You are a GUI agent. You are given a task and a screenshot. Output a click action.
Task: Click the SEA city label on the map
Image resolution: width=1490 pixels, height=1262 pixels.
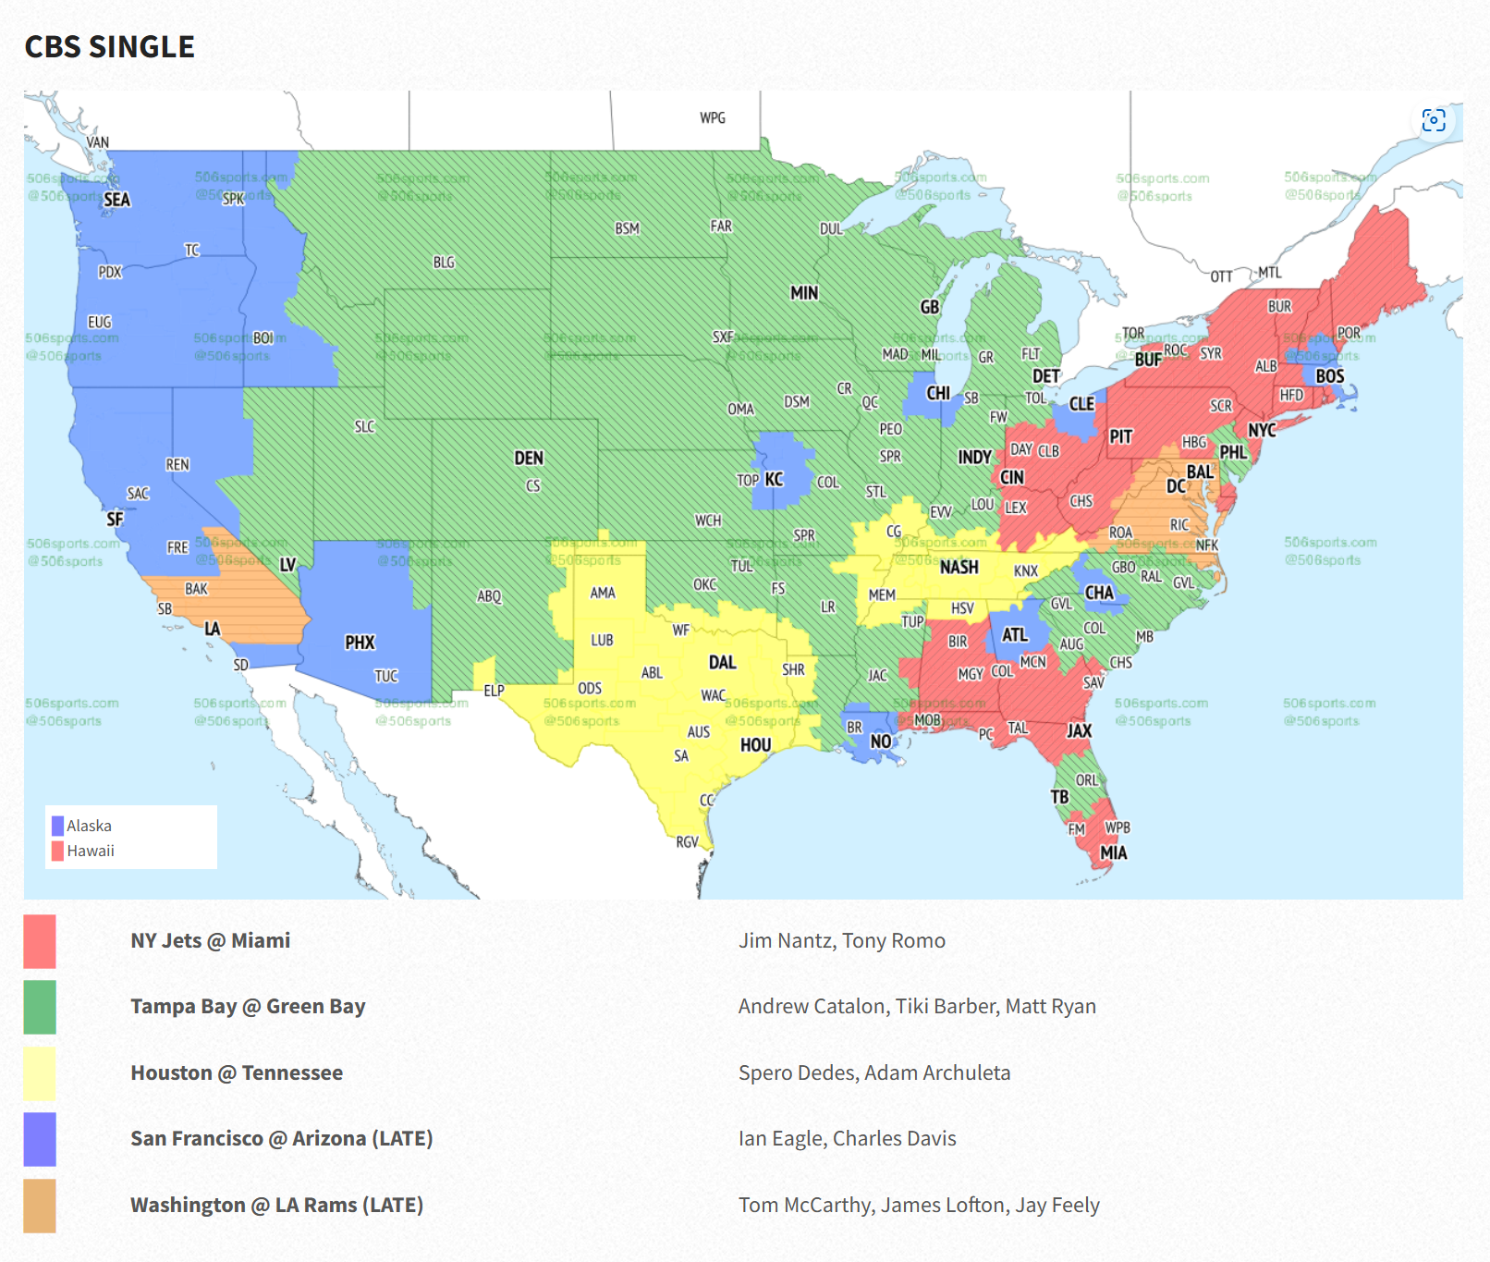coord(116,200)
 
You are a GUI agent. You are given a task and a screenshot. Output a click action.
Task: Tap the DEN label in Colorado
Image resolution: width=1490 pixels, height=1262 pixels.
coord(529,458)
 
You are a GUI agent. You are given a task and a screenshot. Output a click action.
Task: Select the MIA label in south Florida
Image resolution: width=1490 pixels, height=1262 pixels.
coord(1113,852)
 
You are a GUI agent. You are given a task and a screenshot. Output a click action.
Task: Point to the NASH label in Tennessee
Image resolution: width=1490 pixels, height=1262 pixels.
coord(959,567)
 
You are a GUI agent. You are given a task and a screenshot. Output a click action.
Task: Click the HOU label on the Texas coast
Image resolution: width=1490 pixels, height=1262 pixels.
coord(755,744)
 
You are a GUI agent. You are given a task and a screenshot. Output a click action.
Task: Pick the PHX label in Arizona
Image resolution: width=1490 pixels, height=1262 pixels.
coord(360,642)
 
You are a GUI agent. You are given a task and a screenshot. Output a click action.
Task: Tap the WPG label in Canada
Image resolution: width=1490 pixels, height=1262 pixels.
coord(712,117)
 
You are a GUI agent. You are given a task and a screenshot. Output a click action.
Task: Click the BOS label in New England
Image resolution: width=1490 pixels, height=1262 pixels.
coord(1329,375)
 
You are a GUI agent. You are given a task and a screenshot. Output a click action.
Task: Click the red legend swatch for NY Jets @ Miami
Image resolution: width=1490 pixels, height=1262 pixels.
coord(40,941)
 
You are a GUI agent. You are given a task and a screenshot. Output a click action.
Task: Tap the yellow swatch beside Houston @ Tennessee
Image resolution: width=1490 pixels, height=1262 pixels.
coord(40,1073)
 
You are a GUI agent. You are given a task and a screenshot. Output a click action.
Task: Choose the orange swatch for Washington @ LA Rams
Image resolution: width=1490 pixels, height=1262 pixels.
coord(40,1206)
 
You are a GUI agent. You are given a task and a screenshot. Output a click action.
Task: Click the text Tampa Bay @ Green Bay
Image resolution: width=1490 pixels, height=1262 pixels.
coord(248,1006)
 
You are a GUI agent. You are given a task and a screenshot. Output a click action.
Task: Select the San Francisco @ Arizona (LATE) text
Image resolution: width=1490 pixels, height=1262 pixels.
coord(281,1138)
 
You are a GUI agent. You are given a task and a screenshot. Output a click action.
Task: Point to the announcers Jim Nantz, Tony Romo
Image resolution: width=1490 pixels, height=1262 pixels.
coord(841,940)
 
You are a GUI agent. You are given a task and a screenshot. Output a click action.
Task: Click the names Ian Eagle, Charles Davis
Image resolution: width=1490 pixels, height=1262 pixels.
coord(847,1138)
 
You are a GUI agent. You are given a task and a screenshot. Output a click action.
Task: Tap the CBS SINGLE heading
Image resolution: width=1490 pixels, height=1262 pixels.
coord(109,46)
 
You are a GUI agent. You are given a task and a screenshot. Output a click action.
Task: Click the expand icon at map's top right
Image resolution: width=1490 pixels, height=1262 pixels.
coord(1433,120)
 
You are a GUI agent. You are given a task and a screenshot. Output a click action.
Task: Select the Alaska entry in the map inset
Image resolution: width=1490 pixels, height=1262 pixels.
coord(88,826)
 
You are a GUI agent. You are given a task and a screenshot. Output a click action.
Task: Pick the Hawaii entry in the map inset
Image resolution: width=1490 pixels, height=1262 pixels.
coord(90,851)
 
